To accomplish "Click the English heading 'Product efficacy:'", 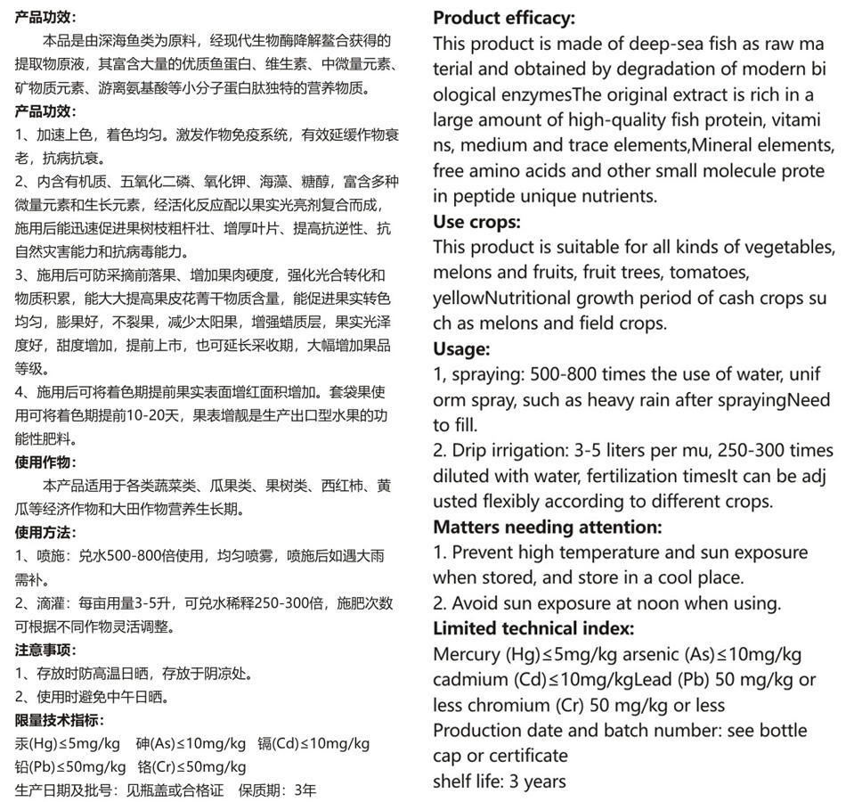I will (503, 18).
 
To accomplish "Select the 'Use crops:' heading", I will (476, 221).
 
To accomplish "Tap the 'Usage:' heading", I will (461, 348).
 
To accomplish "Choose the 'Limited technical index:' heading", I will (533, 628).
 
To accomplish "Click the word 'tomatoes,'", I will (711, 272).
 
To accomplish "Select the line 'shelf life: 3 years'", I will (500, 782).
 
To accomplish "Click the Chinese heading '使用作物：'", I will (46, 462).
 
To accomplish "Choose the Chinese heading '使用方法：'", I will (46, 533).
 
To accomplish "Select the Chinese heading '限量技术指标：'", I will (60, 720).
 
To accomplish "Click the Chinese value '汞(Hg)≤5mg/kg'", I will (68, 743).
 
